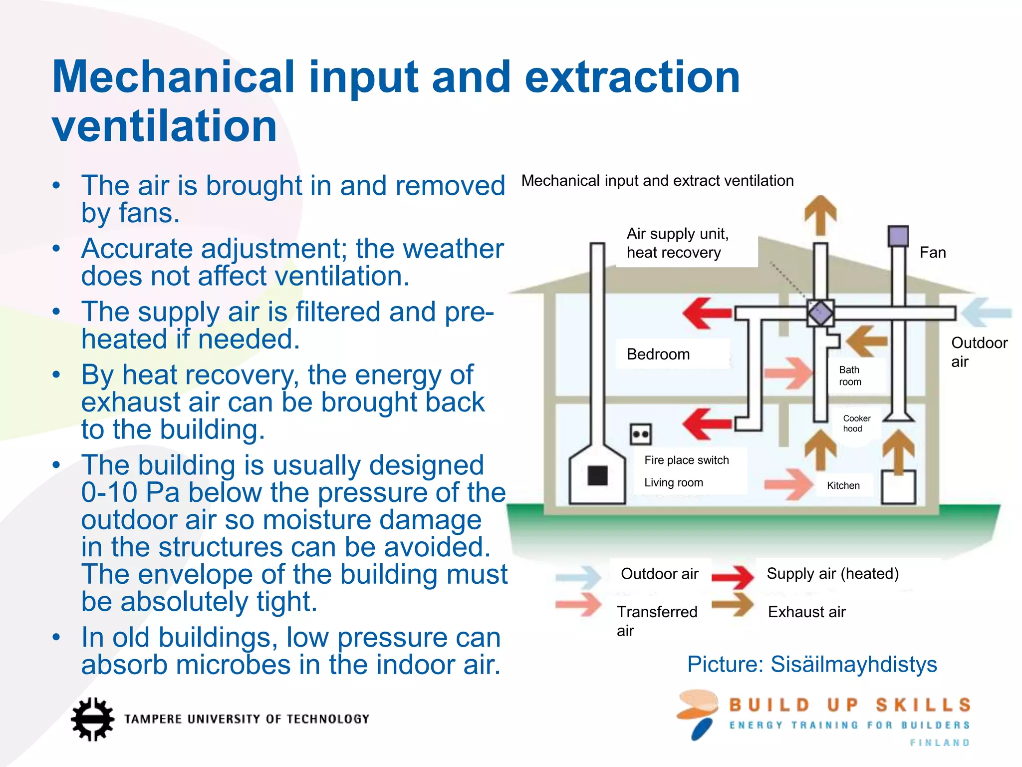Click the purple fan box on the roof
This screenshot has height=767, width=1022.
pyautogui.click(x=898, y=236)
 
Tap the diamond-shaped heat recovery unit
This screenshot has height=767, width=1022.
pyautogui.click(x=820, y=313)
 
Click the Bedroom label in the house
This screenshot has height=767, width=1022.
pyautogui.click(x=658, y=354)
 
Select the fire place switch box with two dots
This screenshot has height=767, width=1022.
pyautogui.click(x=641, y=434)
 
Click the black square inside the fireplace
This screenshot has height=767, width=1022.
pyautogui.click(x=597, y=475)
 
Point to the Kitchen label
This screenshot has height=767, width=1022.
pyautogui.click(x=843, y=485)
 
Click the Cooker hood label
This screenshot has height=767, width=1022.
pyautogui.click(x=856, y=423)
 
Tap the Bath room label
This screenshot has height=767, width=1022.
pyautogui.click(x=850, y=376)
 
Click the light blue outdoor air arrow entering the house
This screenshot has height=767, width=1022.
pyautogui.click(x=986, y=313)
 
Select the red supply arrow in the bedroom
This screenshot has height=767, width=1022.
pyautogui.click(x=706, y=313)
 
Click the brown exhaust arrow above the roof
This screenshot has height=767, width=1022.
pyautogui.click(x=820, y=215)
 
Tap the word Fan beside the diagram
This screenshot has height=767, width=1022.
pyautogui.click(x=932, y=252)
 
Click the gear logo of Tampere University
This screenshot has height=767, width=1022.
pyautogui.click(x=92, y=719)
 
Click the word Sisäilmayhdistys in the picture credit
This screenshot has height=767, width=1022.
pyautogui.click(x=853, y=664)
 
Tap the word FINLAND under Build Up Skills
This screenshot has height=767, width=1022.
pyautogui.click(x=940, y=743)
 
